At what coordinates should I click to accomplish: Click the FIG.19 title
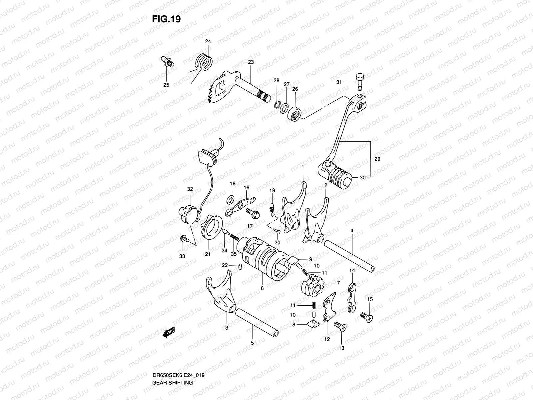click(166, 19)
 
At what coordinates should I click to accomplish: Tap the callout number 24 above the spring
click(208, 42)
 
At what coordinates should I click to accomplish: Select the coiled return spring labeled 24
click(209, 62)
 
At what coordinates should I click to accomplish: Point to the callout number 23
click(260, 62)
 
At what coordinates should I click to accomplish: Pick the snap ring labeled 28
click(276, 104)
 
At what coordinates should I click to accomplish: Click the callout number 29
click(377, 159)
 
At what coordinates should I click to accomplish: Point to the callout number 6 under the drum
click(262, 288)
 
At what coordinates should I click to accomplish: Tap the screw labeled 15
click(366, 315)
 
